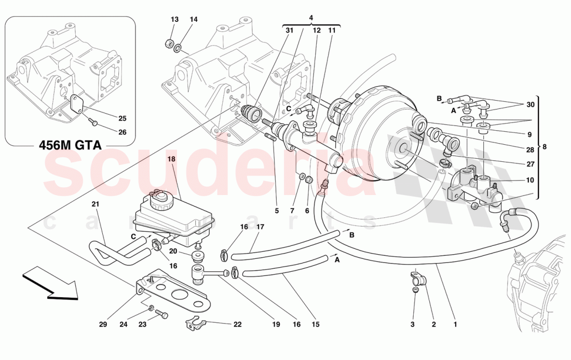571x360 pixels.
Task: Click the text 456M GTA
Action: coord(71,146)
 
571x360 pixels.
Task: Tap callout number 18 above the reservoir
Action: coord(172,160)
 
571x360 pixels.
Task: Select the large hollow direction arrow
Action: coord(49,284)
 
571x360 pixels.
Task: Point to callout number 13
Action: coord(174,20)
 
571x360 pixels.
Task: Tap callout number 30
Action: coord(529,105)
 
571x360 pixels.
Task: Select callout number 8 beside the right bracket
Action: coord(545,147)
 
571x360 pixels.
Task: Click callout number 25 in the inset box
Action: coord(123,118)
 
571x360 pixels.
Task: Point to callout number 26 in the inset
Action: coord(123,132)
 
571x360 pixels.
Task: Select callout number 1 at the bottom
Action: coord(455,325)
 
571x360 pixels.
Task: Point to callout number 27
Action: coord(529,164)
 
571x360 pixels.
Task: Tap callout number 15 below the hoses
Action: coord(316,325)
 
